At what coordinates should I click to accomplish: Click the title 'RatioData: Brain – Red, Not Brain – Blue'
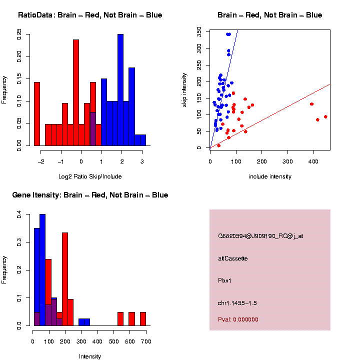[90, 15]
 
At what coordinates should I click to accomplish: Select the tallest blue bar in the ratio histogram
[120, 90]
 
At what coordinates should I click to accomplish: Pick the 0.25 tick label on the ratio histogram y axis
[19, 34]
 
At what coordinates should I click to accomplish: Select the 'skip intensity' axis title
[184, 88]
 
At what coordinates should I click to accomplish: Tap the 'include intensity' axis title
[270, 176]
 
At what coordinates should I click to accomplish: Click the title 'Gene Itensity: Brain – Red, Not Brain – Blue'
[90, 195]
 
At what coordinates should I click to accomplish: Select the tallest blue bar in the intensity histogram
[42, 270]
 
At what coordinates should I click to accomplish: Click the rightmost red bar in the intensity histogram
[143, 319]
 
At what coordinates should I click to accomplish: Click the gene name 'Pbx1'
[225, 280]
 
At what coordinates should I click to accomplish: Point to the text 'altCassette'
[233, 258]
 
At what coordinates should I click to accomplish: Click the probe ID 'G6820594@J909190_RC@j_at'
[260, 236]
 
